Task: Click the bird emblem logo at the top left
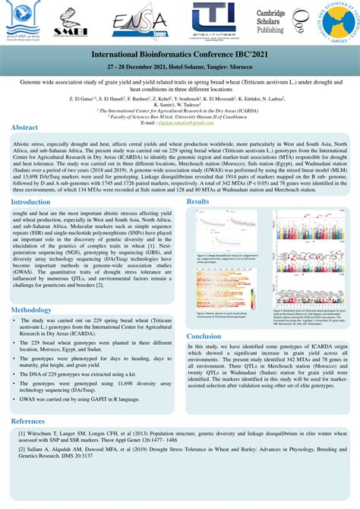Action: (x=29, y=23)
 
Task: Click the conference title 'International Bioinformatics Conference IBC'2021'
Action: (x=180, y=56)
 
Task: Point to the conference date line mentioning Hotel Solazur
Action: (x=180, y=67)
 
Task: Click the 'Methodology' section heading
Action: (x=31, y=310)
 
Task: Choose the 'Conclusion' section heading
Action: (x=204, y=336)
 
